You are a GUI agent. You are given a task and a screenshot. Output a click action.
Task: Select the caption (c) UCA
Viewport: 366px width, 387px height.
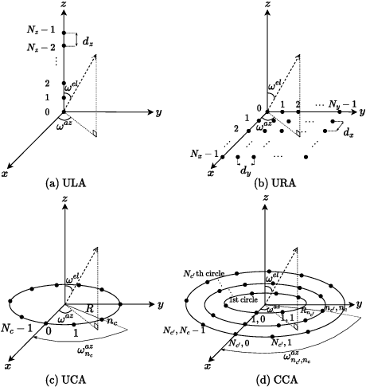(80, 379)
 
